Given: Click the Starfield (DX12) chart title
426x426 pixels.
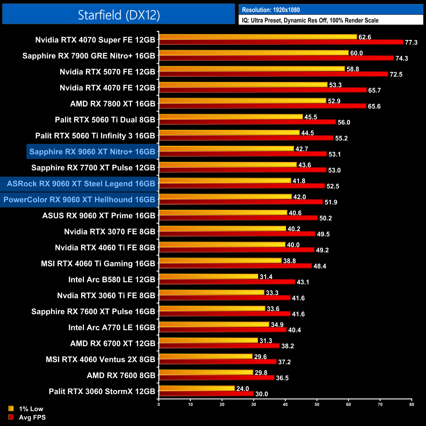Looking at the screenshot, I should pyautogui.click(x=119, y=15).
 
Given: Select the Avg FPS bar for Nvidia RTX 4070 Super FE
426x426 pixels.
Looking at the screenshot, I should pyautogui.click(x=281, y=42).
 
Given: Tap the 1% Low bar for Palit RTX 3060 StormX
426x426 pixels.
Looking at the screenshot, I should pyautogui.click(x=197, y=388).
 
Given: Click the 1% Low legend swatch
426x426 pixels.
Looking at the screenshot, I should pyautogui.click(x=11, y=409).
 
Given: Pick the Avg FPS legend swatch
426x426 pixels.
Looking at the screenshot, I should pyautogui.click(x=11, y=417).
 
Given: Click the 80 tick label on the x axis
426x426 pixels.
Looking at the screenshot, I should pyautogui.click(x=412, y=404).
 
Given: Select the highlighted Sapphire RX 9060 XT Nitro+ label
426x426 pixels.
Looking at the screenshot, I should pyautogui.click(x=92, y=152).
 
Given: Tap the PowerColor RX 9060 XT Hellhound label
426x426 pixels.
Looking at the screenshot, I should pyautogui.click(x=79, y=200).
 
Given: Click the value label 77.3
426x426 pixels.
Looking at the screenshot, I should pyautogui.click(x=411, y=43).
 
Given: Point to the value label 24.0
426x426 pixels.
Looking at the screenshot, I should pyautogui.click(x=243, y=389).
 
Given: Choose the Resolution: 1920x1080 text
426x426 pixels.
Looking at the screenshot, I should pyautogui.click(x=271, y=10).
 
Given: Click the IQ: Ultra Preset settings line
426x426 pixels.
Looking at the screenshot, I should pyautogui.click(x=310, y=20).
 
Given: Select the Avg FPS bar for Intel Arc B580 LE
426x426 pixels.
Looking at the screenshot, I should pyautogui.click(x=227, y=282).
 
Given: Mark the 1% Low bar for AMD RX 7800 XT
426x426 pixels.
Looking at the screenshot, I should pyautogui.click(x=242, y=101).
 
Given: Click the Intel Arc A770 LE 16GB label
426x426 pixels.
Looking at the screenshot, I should pyautogui.click(x=112, y=327).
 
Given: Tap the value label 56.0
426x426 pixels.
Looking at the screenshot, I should pyautogui.click(x=344, y=122).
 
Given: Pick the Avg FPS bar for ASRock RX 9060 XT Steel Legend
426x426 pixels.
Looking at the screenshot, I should pyautogui.click(x=242, y=186).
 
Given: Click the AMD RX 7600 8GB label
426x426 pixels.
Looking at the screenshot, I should pyautogui.click(x=121, y=376).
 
